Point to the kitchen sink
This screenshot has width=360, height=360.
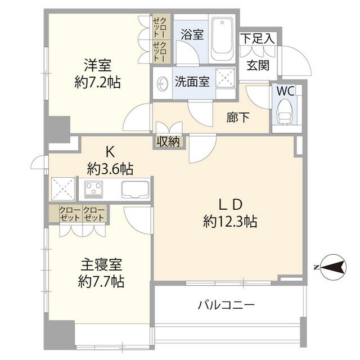pos(136,189)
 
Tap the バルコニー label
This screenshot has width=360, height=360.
pos(226,305)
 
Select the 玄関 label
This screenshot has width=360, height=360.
pos(258,65)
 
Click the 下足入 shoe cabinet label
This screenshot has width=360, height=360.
pos(258,38)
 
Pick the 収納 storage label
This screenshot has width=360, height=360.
pos(168,142)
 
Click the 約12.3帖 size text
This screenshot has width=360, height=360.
pos(230,222)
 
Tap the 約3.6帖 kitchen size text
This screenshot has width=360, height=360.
pos(110,167)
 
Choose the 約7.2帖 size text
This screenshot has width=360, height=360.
pos(97,82)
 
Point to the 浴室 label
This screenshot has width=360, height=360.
pos(192,34)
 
